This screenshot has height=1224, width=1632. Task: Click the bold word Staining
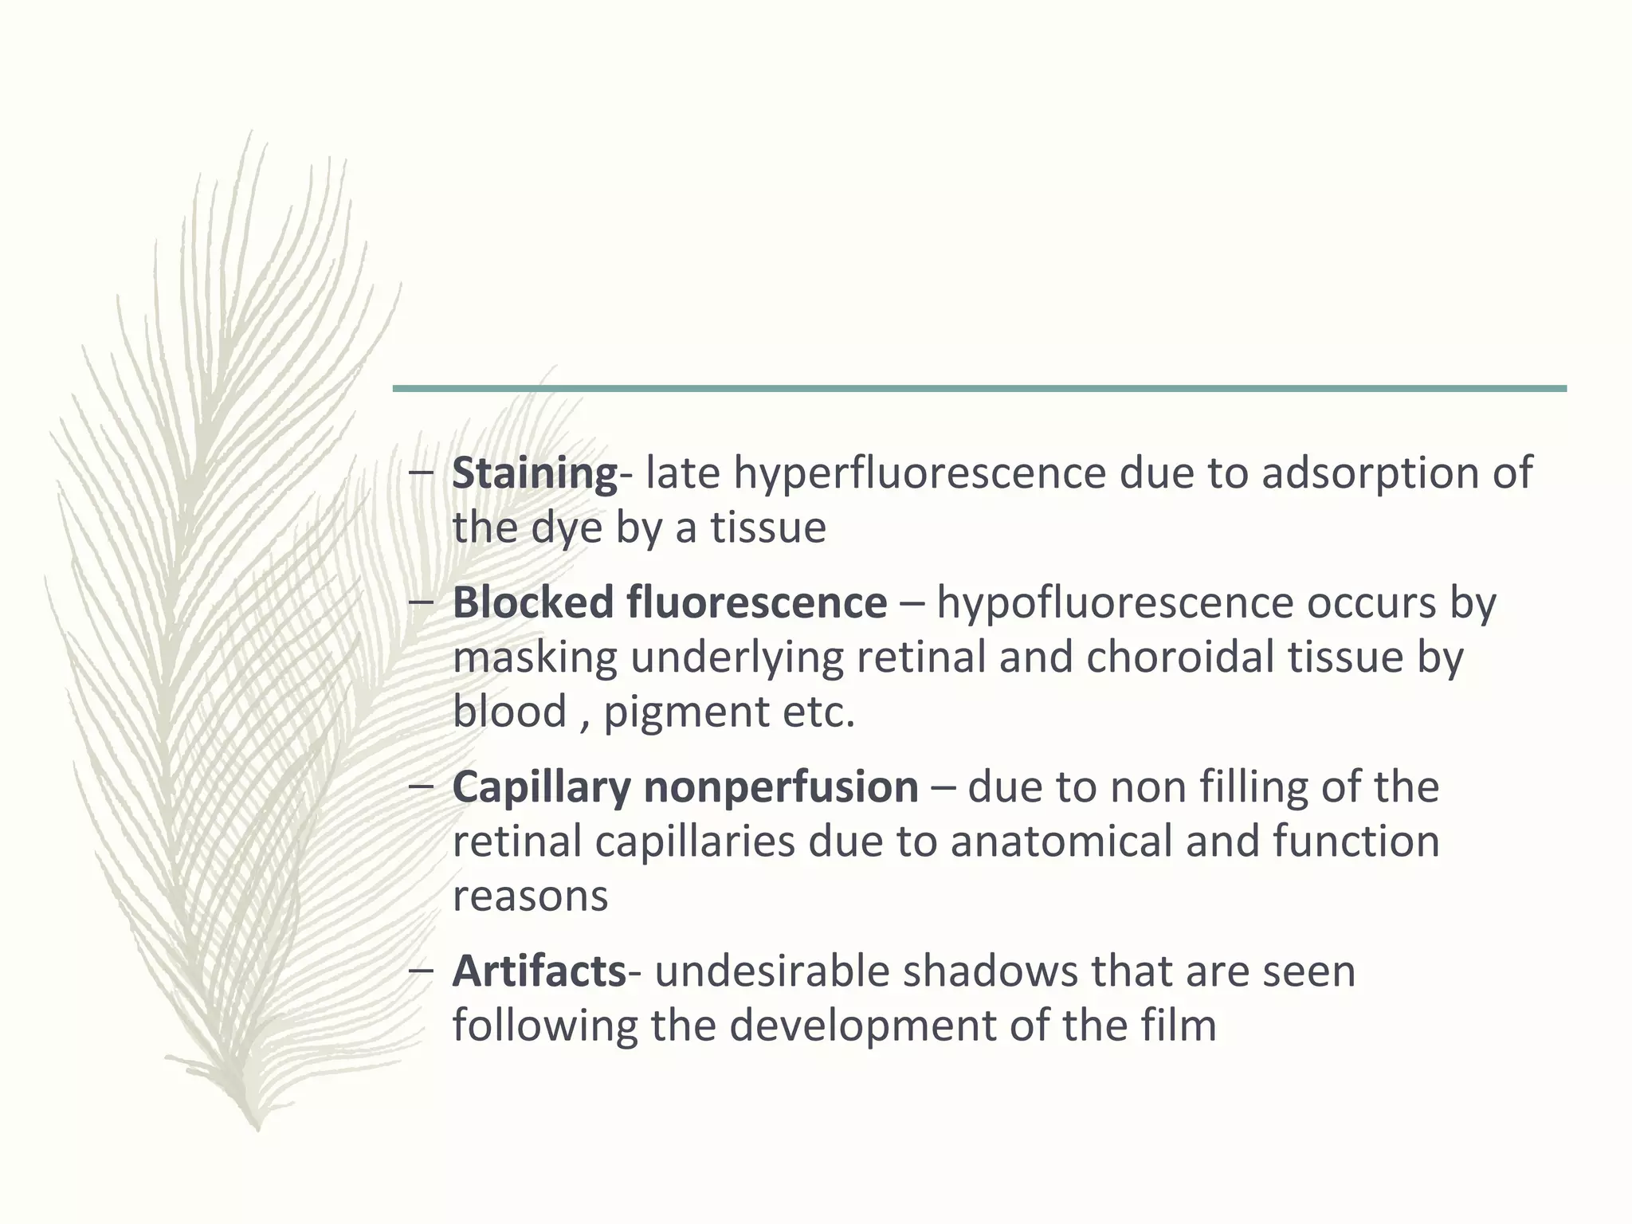click(534, 473)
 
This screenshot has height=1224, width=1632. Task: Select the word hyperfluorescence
click(920, 473)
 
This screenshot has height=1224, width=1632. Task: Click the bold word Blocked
click(533, 602)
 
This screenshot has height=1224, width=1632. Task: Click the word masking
click(535, 657)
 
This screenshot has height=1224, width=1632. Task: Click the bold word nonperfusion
click(781, 787)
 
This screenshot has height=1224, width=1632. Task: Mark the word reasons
click(530, 896)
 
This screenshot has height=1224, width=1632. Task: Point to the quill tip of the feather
click(257, 1125)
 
